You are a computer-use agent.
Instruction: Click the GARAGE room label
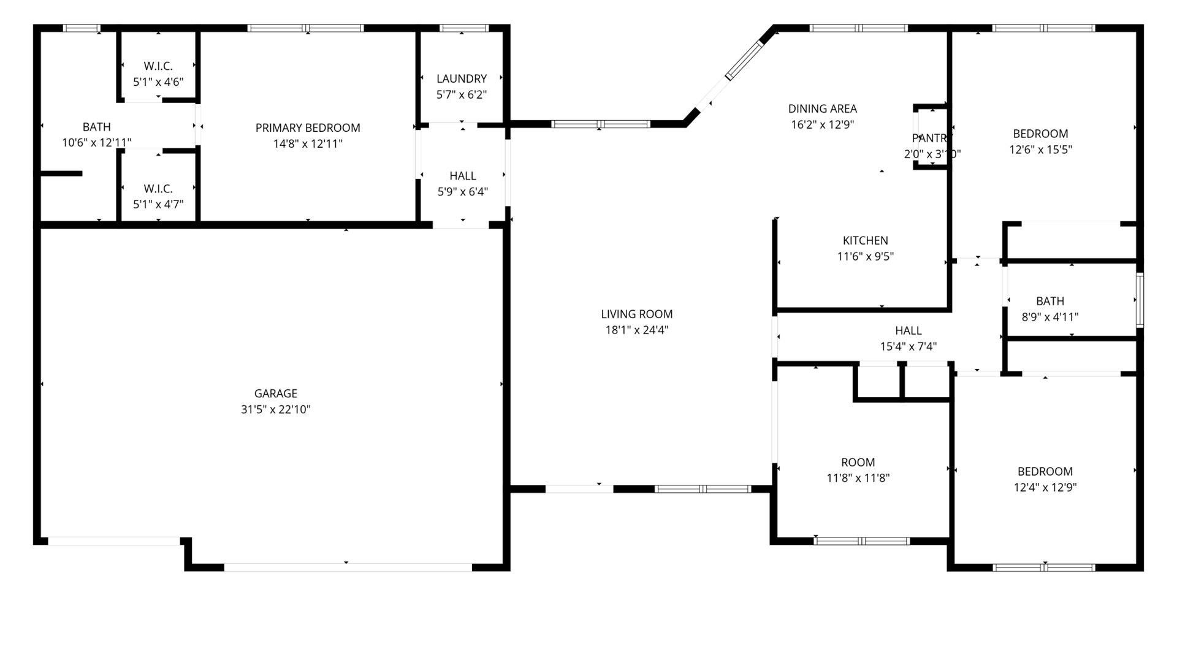pyautogui.click(x=275, y=394)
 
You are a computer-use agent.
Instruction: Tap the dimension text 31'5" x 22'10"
pyautogui.click(x=275, y=409)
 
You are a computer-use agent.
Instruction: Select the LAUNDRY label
pyautogui.click(x=462, y=79)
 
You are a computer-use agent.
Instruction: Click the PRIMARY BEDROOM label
pyautogui.click(x=308, y=128)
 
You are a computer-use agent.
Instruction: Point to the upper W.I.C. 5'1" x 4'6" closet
pyautogui.click(x=158, y=74)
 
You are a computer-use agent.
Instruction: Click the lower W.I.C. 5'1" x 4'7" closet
pyautogui.click(x=158, y=196)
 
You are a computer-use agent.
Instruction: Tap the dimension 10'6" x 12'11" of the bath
pyautogui.click(x=97, y=143)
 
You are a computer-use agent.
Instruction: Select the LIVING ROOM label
pyautogui.click(x=636, y=314)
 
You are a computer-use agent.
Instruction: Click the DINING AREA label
pyautogui.click(x=822, y=109)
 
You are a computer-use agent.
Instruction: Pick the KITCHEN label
pyautogui.click(x=865, y=241)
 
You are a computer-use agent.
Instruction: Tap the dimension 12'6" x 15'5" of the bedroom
pyautogui.click(x=1040, y=150)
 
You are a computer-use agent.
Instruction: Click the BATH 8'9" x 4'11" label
pyautogui.click(x=1049, y=302)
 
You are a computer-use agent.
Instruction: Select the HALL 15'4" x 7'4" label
pyautogui.click(x=908, y=331)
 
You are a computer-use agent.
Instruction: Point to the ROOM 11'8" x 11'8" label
pyautogui.click(x=858, y=463)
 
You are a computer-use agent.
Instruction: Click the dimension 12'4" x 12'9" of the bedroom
pyautogui.click(x=1045, y=488)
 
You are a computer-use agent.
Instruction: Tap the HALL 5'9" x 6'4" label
pyautogui.click(x=462, y=177)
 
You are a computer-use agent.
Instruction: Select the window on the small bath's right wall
pyautogui.click(x=1139, y=300)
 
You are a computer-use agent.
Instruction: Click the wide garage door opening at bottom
pyautogui.click(x=347, y=567)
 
